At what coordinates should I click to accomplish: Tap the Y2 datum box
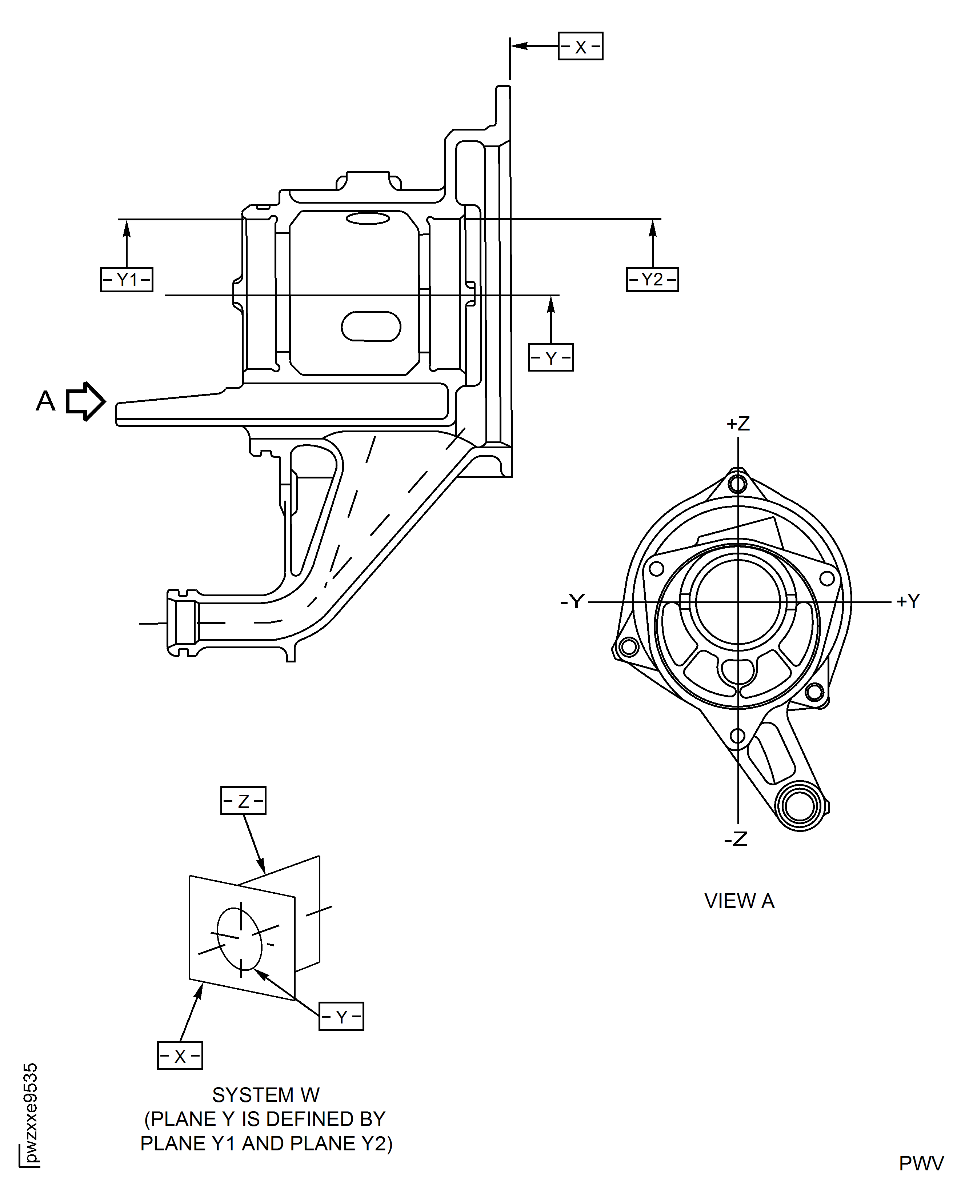(x=652, y=280)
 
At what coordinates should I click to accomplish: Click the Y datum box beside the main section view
(x=550, y=357)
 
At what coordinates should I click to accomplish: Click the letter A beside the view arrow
(x=46, y=401)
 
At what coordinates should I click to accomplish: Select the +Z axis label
(x=738, y=424)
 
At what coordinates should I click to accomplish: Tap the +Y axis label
(x=908, y=601)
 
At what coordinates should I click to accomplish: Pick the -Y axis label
(x=572, y=601)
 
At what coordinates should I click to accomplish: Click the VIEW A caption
(x=739, y=901)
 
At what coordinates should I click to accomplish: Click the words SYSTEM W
(x=266, y=1095)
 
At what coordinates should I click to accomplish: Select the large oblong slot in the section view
(x=371, y=326)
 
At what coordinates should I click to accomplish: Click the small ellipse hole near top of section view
(x=368, y=219)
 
